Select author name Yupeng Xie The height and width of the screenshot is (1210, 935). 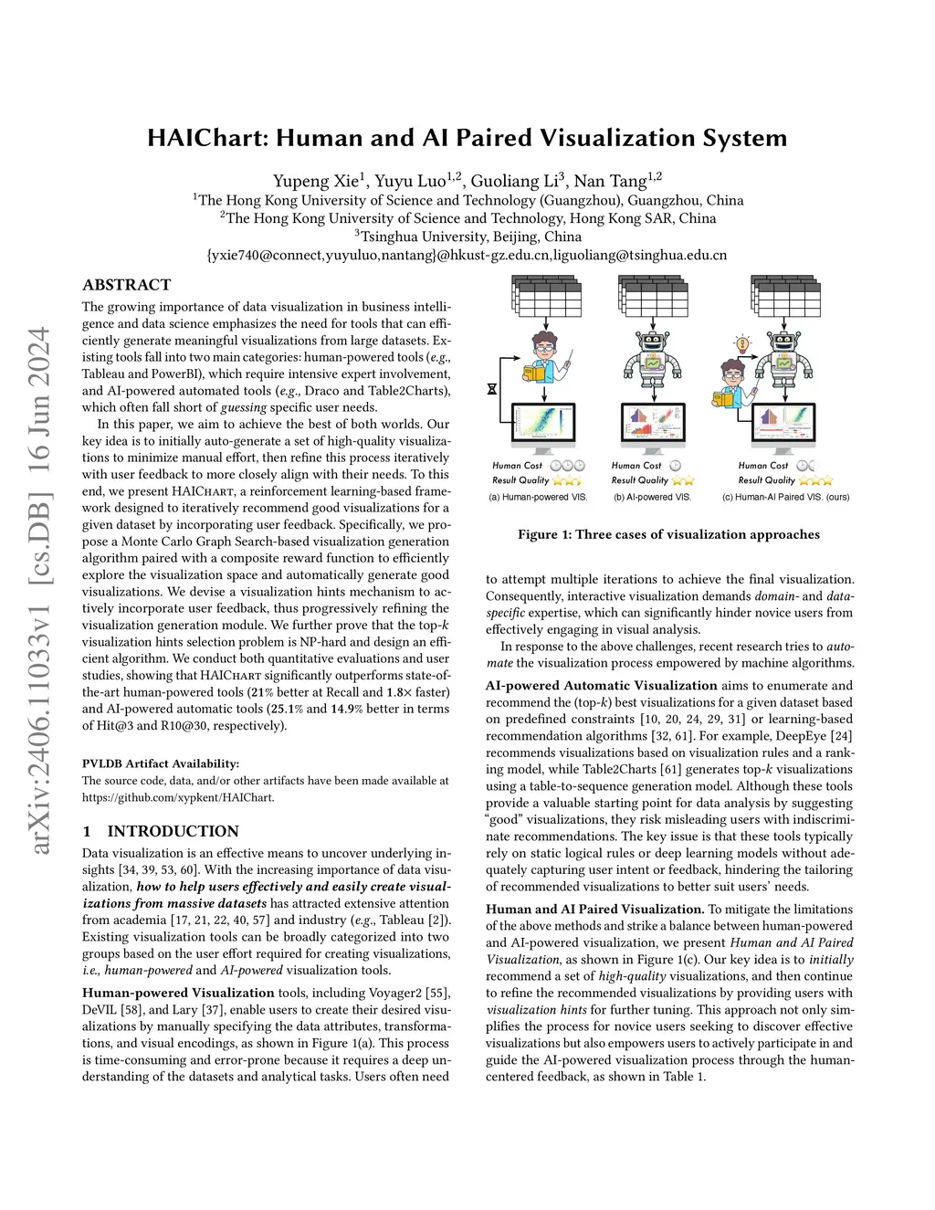pyautogui.click(x=316, y=181)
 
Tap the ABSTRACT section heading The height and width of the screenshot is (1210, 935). pyautogui.click(x=126, y=285)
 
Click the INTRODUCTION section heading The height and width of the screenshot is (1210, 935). pyautogui.click(x=173, y=831)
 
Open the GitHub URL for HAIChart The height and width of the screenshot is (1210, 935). pyautogui.click(x=178, y=797)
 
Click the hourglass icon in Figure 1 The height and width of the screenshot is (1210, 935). pyautogui.click(x=492, y=388)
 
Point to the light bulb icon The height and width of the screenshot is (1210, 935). pyautogui.click(x=742, y=344)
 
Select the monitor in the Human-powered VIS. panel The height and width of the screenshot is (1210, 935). pyautogui.click(x=542, y=426)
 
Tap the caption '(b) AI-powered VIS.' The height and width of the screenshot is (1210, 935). pyautogui.click(x=652, y=498)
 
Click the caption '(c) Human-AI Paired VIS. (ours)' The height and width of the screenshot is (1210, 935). pyautogui.click(x=785, y=498)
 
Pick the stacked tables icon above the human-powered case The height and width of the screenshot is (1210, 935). pyautogui.click(x=546, y=296)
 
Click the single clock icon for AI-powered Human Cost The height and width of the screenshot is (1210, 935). pyautogui.click(x=676, y=466)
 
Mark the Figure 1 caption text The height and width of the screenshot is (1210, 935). pyautogui.click(x=668, y=534)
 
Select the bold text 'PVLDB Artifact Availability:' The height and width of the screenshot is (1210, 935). pyautogui.click(x=161, y=763)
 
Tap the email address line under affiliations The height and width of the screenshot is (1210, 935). pyautogui.click(x=467, y=255)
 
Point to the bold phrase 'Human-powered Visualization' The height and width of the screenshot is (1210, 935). pyautogui.click(x=178, y=993)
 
